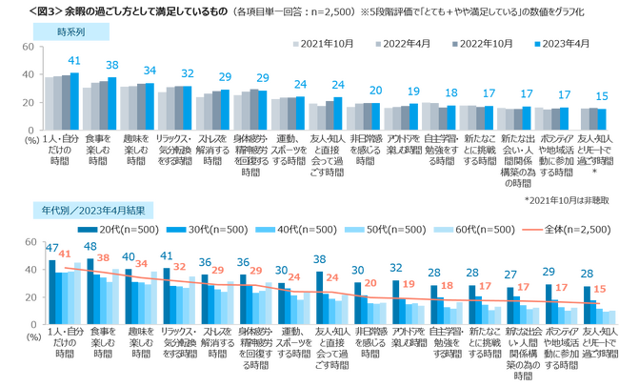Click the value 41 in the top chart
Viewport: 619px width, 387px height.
click(x=74, y=62)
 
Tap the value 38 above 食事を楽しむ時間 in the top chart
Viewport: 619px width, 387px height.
click(x=111, y=66)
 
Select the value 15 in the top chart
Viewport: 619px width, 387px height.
click(x=601, y=96)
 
